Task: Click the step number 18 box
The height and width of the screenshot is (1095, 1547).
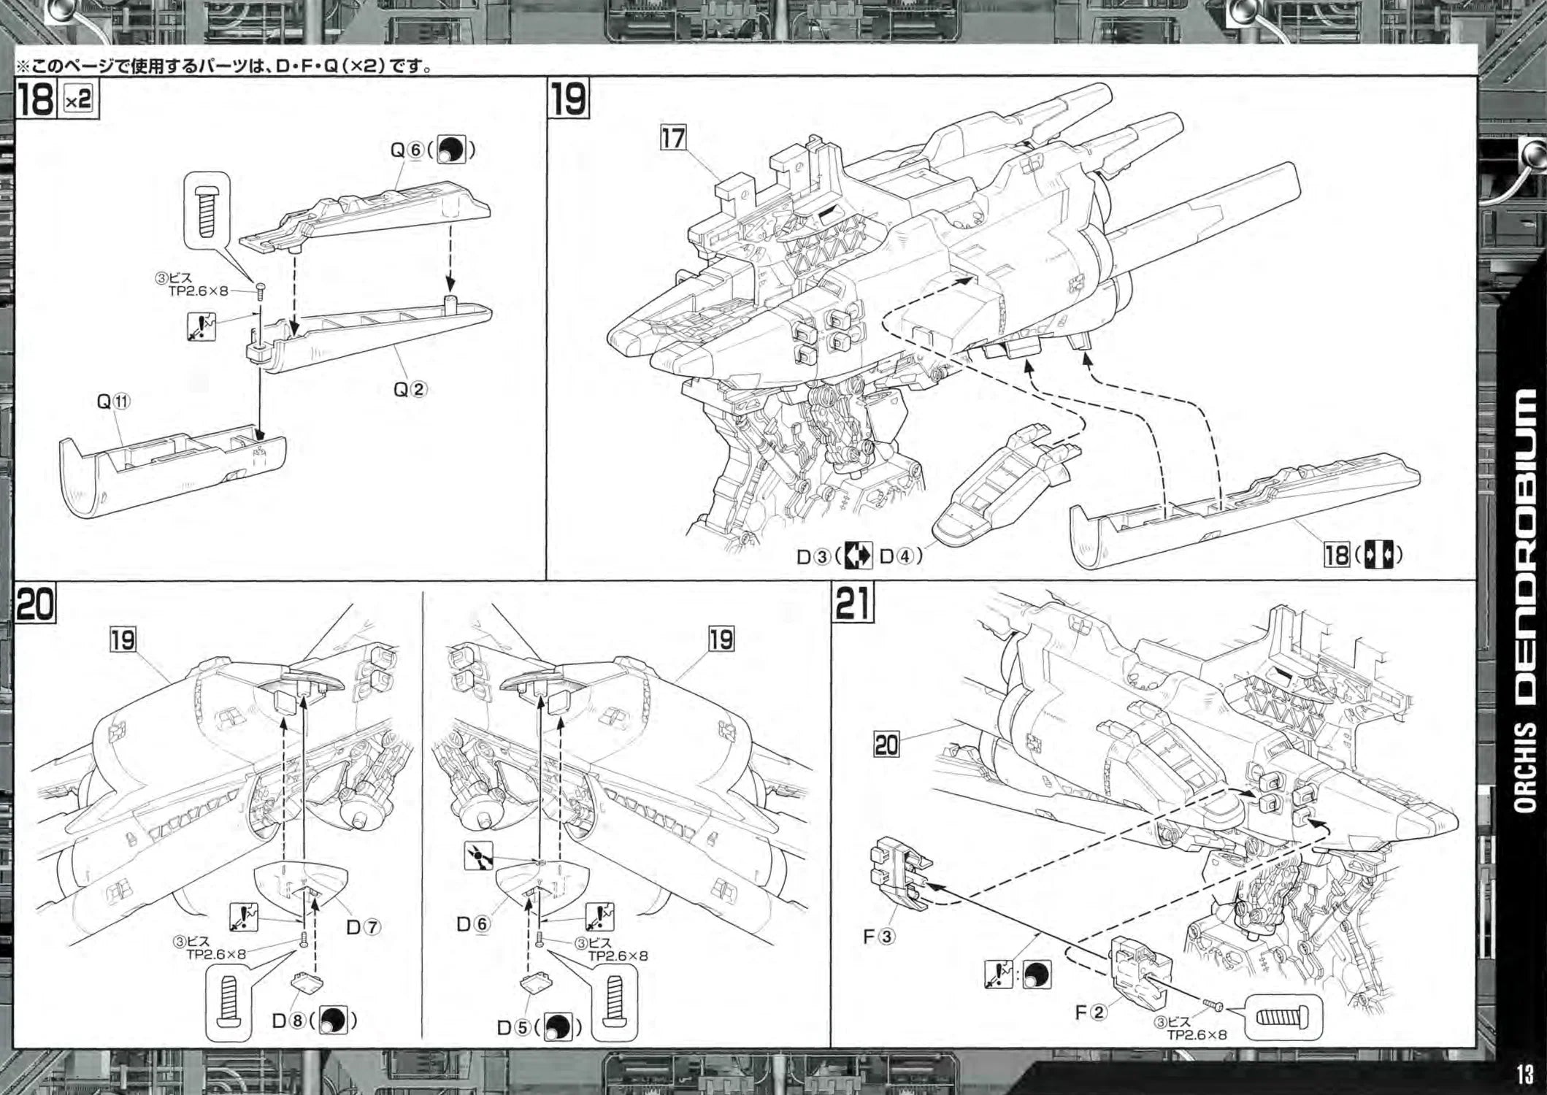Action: pyautogui.click(x=35, y=99)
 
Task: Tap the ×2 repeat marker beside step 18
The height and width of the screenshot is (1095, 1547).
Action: pyautogui.click(x=78, y=99)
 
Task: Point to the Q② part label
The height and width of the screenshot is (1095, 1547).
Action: pyautogui.click(x=410, y=389)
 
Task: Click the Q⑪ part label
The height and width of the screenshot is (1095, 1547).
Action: pyautogui.click(x=113, y=401)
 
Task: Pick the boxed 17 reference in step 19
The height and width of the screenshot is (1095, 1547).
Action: pyautogui.click(x=673, y=137)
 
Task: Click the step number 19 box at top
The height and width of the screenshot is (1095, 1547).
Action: pyautogui.click(x=569, y=99)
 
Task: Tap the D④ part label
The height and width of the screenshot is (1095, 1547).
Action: pyautogui.click(x=897, y=556)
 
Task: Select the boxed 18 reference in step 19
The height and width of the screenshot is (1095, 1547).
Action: pyautogui.click(x=1336, y=555)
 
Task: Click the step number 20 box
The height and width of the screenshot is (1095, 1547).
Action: pyautogui.click(x=35, y=604)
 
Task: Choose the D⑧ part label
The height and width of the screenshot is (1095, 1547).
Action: pyautogui.click(x=288, y=1020)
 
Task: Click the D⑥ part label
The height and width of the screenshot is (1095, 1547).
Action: pyautogui.click(x=472, y=923)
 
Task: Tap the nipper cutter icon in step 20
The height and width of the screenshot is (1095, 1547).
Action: pyautogui.click(x=478, y=856)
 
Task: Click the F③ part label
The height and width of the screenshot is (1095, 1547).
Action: pyautogui.click(x=878, y=936)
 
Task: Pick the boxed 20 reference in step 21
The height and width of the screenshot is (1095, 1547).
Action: pyautogui.click(x=887, y=745)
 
